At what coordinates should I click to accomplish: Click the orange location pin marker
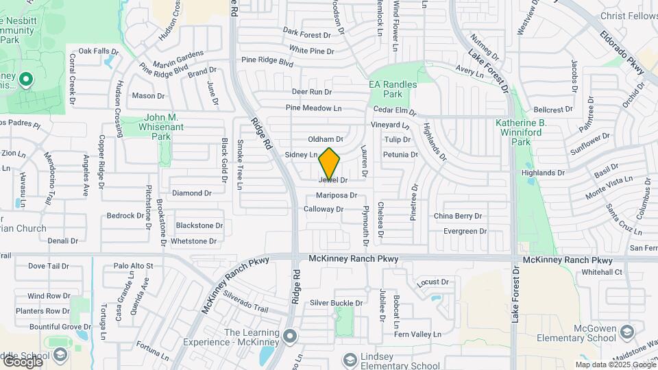(x=330, y=163)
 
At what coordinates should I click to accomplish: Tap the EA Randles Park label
(x=393, y=89)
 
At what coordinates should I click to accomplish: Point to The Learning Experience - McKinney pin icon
(x=291, y=336)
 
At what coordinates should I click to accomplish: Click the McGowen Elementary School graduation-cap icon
(x=626, y=332)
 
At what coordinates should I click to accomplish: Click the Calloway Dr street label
(x=323, y=209)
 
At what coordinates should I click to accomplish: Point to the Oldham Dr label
(x=325, y=139)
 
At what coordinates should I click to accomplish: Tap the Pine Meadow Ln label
(x=313, y=108)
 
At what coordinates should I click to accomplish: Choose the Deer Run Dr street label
(x=311, y=92)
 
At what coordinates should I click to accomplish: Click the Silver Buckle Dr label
(x=336, y=303)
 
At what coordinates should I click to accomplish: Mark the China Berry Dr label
(x=458, y=216)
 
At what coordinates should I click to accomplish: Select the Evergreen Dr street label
(x=465, y=231)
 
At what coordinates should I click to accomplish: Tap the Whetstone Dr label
(x=193, y=241)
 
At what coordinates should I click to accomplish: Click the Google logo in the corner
(x=22, y=361)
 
